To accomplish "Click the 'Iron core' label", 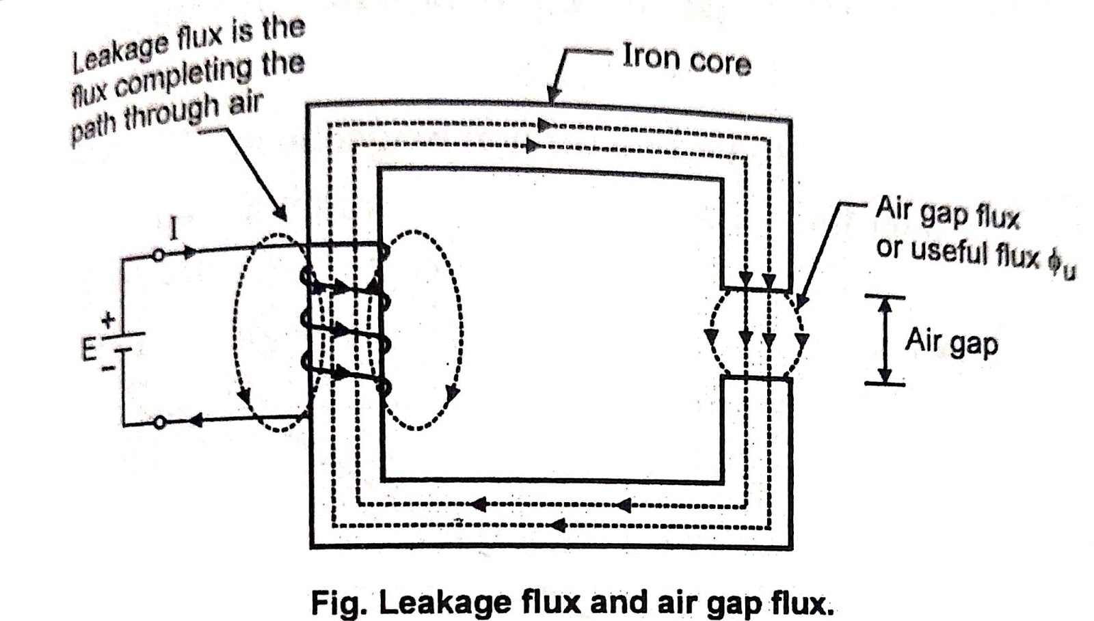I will click(686, 60).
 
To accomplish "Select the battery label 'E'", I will click(89, 349).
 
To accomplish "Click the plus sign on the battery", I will click(108, 319).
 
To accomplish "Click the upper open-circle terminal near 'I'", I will click(159, 255).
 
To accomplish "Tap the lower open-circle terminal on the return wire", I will click(159, 423).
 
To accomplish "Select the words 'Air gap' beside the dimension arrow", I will click(950, 342).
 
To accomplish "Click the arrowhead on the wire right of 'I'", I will click(191, 252).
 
